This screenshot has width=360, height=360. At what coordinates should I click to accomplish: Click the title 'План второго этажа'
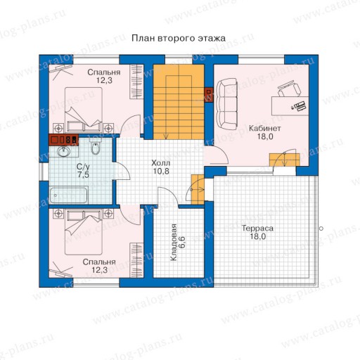(x=179, y=38)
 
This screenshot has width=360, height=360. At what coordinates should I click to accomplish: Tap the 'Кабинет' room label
(x=264, y=128)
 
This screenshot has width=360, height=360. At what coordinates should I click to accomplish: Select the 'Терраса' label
(x=257, y=228)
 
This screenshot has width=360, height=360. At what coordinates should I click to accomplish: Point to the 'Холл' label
(x=161, y=163)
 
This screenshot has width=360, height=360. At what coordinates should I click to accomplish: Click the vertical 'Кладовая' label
(x=174, y=243)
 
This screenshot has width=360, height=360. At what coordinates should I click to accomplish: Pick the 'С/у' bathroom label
(x=83, y=167)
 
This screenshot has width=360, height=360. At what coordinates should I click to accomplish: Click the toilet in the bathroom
(x=95, y=146)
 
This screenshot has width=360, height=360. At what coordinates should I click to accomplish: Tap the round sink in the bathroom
(x=63, y=152)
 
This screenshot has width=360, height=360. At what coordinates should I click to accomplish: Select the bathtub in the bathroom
(x=68, y=195)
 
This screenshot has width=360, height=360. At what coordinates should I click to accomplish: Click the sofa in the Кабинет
(x=226, y=103)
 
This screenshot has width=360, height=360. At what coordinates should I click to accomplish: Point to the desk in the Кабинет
(x=290, y=105)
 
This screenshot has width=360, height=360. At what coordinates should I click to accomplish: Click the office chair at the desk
(x=289, y=89)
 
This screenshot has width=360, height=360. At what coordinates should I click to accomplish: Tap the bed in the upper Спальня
(x=84, y=110)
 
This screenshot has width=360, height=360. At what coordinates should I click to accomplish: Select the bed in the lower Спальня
(x=84, y=231)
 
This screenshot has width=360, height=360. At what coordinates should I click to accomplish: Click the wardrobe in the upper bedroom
(x=136, y=82)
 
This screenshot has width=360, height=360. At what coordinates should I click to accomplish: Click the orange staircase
(x=179, y=102)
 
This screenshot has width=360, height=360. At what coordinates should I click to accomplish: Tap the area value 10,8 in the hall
(x=161, y=171)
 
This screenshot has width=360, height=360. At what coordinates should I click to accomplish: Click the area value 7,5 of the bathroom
(x=83, y=175)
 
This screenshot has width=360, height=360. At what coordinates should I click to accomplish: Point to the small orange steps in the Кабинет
(x=285, y=160)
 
